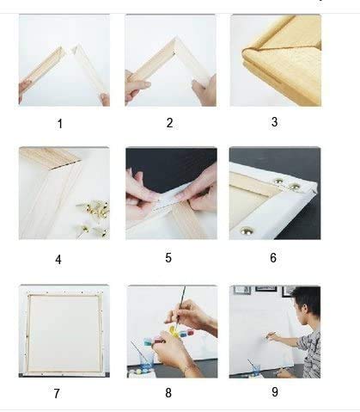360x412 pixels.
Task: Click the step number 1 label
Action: click(59, 124)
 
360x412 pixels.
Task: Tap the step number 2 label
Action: click(169, 123)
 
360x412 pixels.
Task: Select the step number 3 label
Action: click(274, 122)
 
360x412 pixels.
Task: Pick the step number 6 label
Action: click(273, 256)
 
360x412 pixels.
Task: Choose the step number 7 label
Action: click(57, 393)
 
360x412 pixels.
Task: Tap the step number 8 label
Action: click(168, 393)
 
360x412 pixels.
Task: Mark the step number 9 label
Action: click(274, 392)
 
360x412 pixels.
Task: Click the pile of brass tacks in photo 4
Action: click(89, 215)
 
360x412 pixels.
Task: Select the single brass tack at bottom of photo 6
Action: click(246, 231)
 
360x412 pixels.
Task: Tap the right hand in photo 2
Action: click(204, 89)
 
